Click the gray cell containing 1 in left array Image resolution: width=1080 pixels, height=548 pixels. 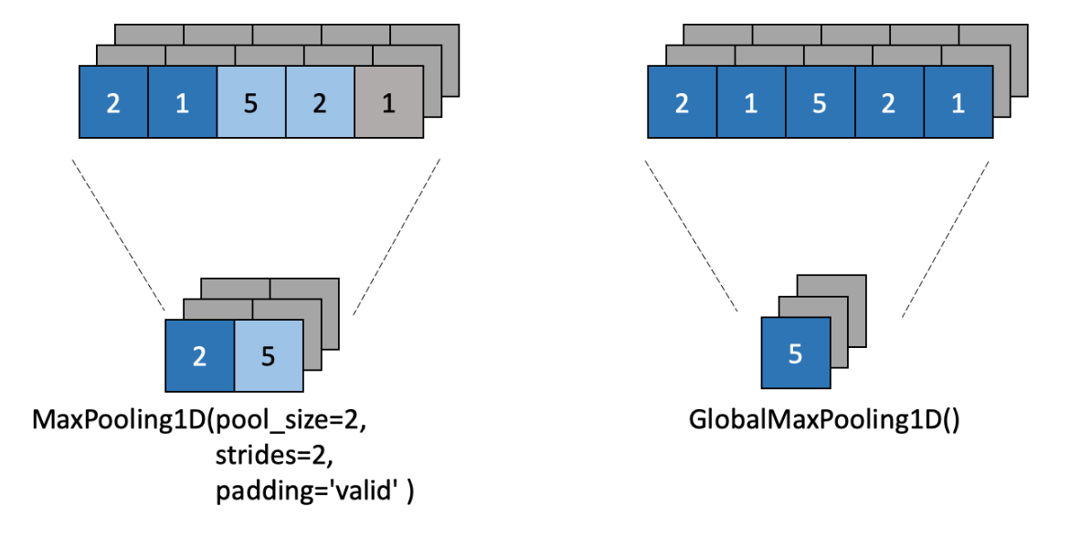(x=388, y=102)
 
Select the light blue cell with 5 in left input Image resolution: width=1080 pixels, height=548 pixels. (x=251, y=102)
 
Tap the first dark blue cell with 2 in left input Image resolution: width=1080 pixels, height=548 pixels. (x=113, y=102)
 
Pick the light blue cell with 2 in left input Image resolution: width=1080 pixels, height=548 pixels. (x=320, y=102)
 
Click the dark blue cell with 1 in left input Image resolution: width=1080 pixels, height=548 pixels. (x=182, y=102)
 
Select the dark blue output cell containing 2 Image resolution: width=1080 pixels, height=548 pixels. (x=199, y=355)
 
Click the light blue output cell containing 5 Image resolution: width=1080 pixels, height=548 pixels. (x=268, y=355)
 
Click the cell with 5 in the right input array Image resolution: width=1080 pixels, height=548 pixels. (x=820, y=102)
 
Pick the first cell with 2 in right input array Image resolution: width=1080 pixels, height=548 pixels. (x=682, y=102)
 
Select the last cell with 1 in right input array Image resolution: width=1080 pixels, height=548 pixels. (x=958, y=102)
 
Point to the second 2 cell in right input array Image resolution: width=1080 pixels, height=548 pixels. (x=888, y=102)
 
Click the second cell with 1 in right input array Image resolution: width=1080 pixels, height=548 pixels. (x=750, y=102)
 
